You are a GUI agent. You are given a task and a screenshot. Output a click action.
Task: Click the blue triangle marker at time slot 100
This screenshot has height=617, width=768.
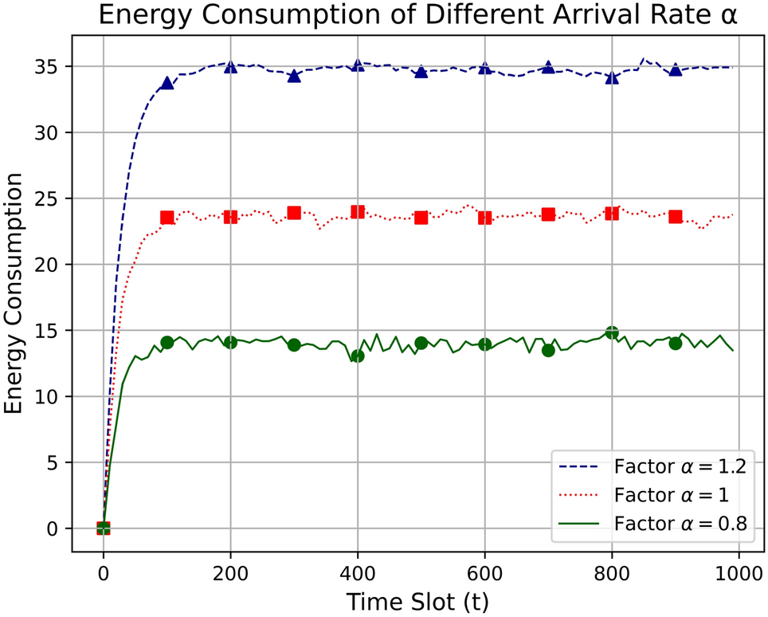coord(167,83)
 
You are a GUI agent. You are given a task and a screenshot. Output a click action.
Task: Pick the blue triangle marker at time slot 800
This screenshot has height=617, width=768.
coord(612,77)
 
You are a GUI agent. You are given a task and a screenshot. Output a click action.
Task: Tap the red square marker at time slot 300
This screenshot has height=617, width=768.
coord(294,213)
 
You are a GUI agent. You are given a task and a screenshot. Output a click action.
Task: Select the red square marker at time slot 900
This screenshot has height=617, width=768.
coord(676,217)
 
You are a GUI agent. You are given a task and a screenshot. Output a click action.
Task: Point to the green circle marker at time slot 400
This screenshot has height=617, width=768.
coord(358,356)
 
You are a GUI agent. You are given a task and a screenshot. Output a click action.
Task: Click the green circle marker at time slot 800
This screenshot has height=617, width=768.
coord(612,332)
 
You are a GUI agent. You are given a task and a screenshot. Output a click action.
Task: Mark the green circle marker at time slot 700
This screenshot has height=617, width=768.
coord(548,350)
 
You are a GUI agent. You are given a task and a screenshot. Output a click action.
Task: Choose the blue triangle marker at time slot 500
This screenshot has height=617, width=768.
coord(421,72)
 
